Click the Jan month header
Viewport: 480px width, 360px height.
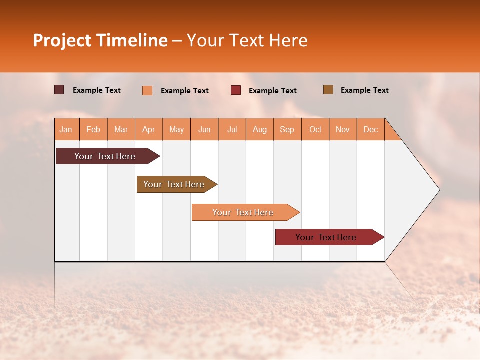click(x=66, y=129)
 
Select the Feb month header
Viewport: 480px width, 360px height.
click(x=93, y=129)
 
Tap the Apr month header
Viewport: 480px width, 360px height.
click(x=148, y=129)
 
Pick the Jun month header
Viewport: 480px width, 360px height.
click(x=204, y=129)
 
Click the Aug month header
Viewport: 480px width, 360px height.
click(x=259, y=129)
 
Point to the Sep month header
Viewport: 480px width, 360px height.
click(x=287, y=129)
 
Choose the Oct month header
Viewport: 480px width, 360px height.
click(x=315, y=129)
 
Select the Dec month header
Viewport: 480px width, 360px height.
click(x=370, y=129)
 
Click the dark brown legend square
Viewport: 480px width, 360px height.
click(x=59, y=90)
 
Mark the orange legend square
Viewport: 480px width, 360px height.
click(x=147, y=90)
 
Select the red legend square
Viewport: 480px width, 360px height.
click(x=236, y=90)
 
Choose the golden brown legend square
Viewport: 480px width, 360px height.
click(x=328, y=90)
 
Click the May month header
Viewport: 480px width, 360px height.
click(x=176, y=129)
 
